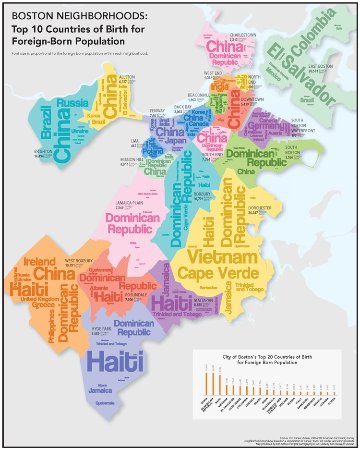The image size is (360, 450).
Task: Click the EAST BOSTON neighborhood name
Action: tap(320, 66)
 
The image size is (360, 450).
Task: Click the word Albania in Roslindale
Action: tap(98, 288)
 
